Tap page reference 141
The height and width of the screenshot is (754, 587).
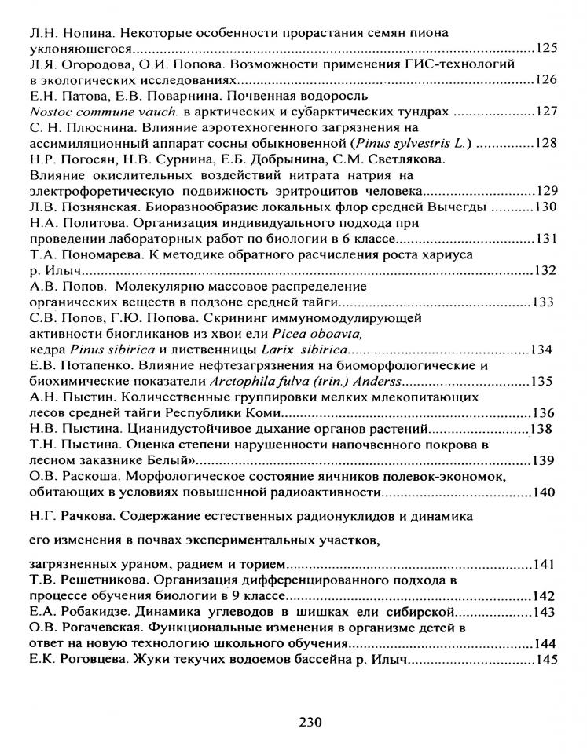(543, 565)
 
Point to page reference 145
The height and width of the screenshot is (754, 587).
(545, 661)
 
